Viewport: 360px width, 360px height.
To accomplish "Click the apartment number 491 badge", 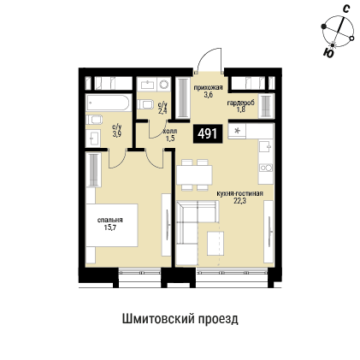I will point(207,133).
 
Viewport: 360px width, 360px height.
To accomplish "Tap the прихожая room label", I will point(208,87).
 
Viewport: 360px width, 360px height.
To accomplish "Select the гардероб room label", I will point(239,103).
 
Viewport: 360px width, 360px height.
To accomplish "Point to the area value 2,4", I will point(162,109).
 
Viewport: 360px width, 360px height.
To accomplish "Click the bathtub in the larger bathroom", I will point(108,104).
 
